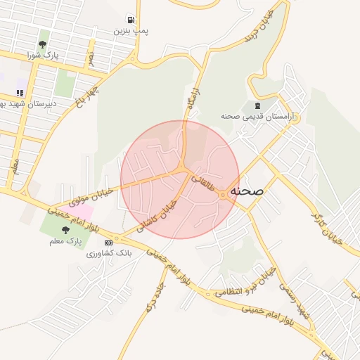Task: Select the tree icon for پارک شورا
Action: (44, 43)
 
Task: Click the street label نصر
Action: (90, 57)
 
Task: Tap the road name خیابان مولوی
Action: (94, 189)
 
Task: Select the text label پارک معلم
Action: (66, 241)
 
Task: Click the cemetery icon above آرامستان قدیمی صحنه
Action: (255, 105)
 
